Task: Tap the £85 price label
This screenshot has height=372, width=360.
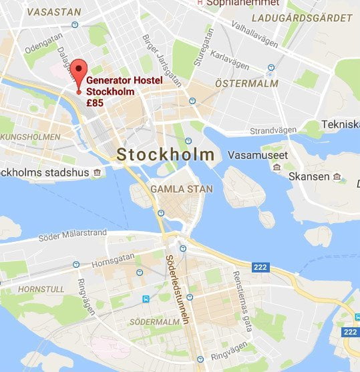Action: (96, 103)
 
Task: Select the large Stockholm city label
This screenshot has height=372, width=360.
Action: (166, 155)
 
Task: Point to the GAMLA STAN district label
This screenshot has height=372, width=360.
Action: (182, 189)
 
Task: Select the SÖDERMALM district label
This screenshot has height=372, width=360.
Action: (158, 322)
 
